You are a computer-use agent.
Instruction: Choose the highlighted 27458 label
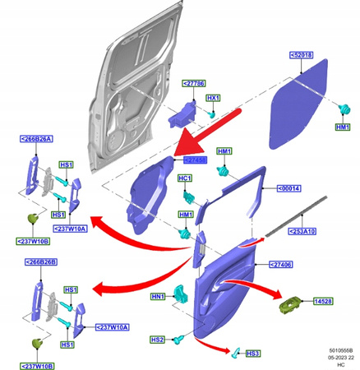(x=194, y=160)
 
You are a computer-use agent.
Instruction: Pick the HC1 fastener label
(x=185, y=178)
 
